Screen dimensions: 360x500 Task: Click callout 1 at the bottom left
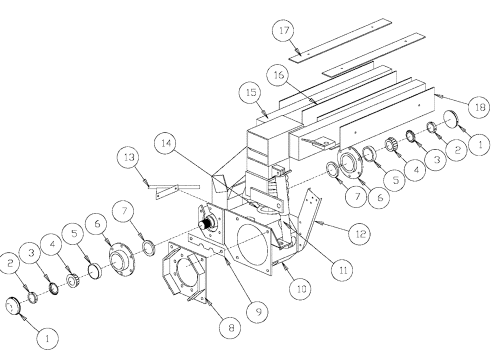point(47,337)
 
